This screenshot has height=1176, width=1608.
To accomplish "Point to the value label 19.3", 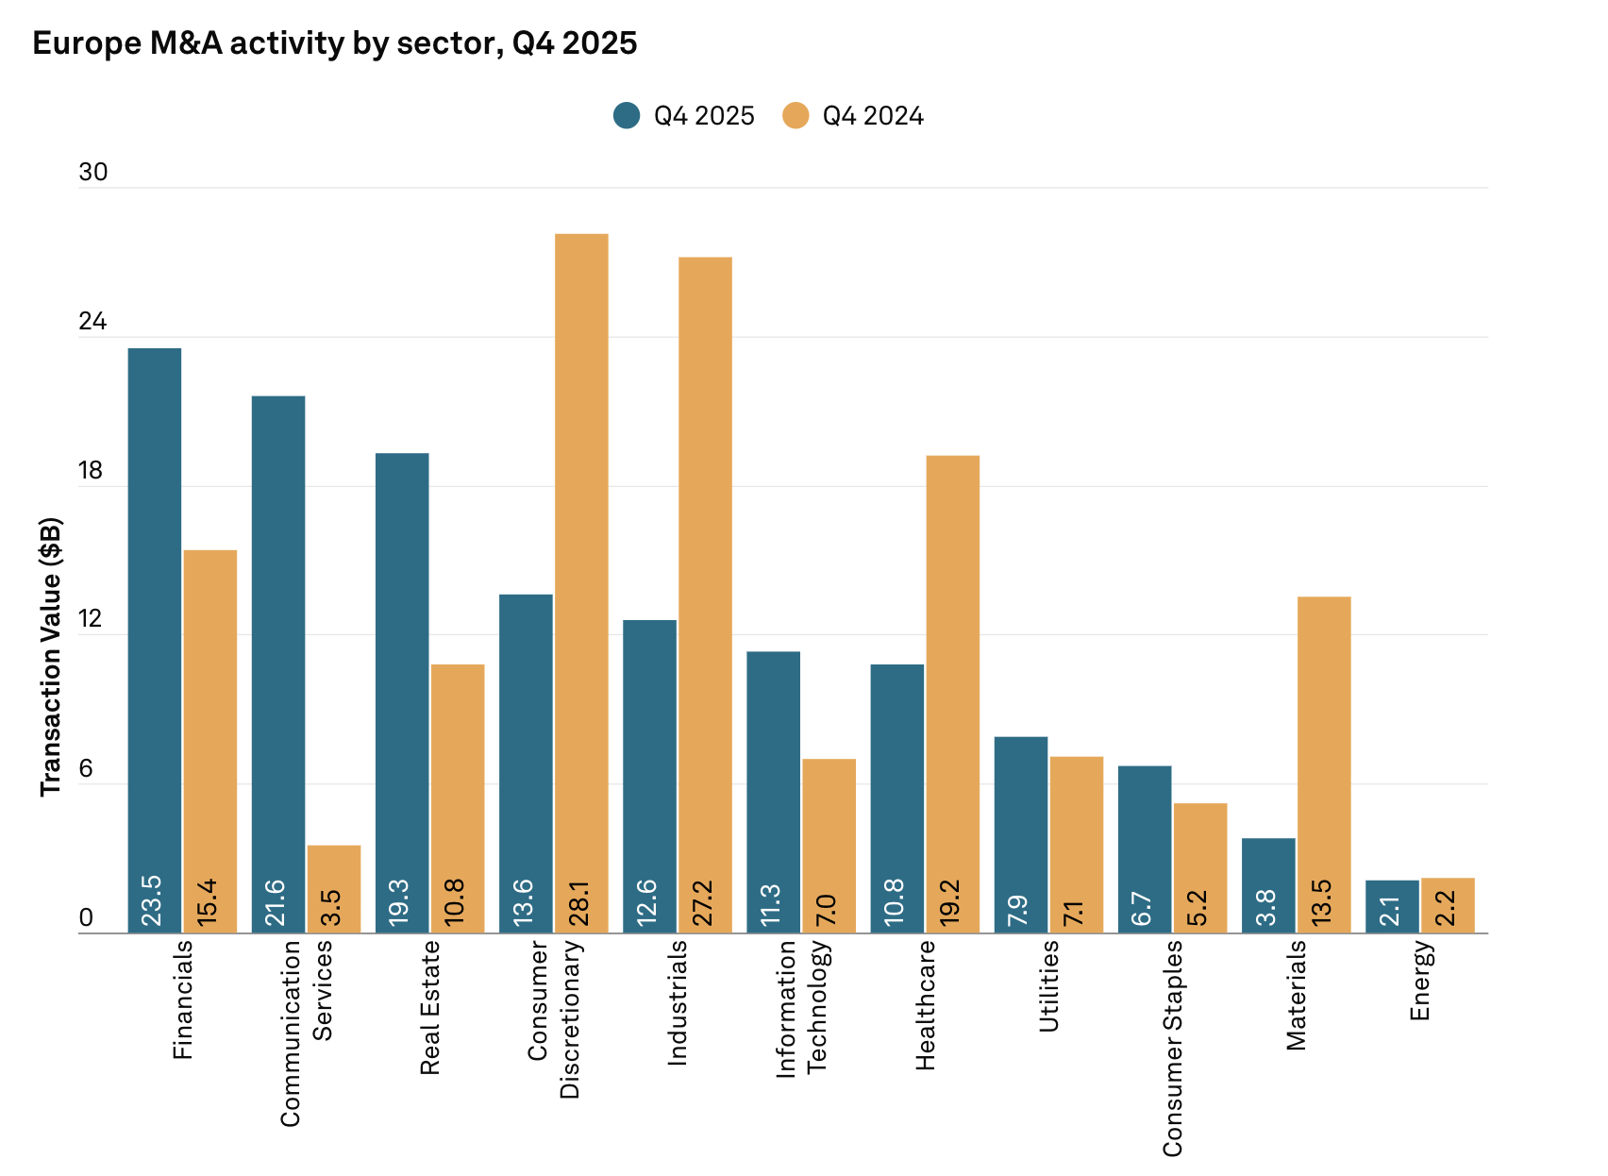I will click(x=400, y=901).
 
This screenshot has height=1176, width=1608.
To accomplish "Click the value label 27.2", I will click(x=703, y=901).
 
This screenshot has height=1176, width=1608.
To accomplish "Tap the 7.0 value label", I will click(x=827, y=909).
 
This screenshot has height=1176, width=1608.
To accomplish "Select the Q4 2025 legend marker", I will click(x=627, y=115).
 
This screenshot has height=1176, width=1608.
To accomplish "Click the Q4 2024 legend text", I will click(x=873, y=116).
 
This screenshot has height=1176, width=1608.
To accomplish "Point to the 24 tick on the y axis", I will click(x=92, y=322).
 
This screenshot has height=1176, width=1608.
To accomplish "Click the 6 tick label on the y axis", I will click(x=86, y=769).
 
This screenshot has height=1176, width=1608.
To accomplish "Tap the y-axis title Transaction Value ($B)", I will click(x=51, y=657).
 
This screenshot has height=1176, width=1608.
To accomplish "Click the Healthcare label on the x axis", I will click(x=925, y=1004).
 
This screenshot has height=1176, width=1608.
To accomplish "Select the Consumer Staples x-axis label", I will click(x=1172, y=1048).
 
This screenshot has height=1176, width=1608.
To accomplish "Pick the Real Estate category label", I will click(x=430, y=1007).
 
